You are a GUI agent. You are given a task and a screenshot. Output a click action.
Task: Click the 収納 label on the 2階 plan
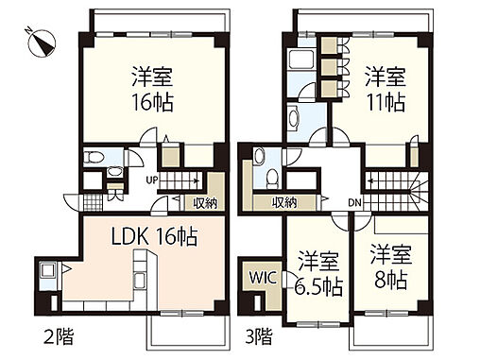(x=207, y=201)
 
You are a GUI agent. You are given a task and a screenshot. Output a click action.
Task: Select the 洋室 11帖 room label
(x=385, y=88)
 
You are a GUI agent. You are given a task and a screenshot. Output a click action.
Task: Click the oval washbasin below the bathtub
(x=295, y=120)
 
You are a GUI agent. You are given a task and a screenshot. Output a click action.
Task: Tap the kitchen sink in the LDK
(x=47, y=277)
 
